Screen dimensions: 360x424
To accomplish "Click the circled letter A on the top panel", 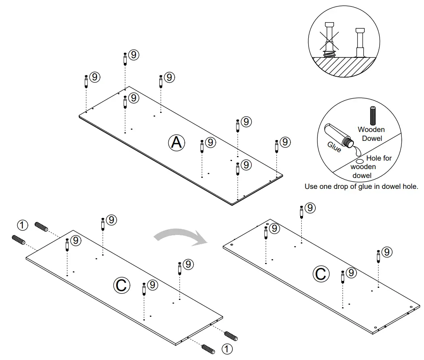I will tap(176, 142).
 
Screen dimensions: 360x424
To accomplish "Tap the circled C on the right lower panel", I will tap(321, 274).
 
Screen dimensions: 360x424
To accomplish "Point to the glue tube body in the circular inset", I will tap(334, 133).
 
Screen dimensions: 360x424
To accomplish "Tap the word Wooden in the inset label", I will tap(371, 130).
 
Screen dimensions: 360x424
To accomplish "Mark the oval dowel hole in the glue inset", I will tap(361, 161).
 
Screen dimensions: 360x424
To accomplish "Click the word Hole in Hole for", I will tap(374, 158).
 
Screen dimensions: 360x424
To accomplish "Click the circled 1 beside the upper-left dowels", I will tap(23, 225).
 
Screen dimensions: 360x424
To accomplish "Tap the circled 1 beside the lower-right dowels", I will tap(227, 348).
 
